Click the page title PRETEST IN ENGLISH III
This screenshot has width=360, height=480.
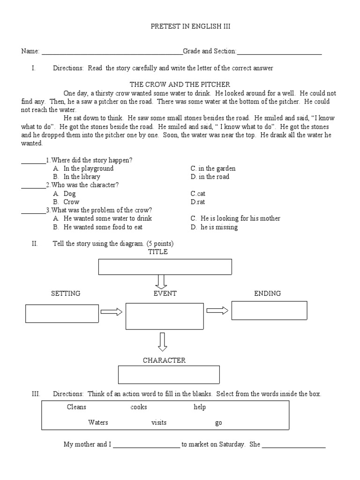tap(183, 27)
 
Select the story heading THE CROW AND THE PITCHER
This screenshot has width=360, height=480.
tap(180, 84)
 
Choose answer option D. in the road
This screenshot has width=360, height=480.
tap(210, 177)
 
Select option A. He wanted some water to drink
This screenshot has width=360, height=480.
tap(103, 218)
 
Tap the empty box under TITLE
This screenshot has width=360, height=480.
tap(165, 267)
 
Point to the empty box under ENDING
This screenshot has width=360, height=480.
tap(269, 310)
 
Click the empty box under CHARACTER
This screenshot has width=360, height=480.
tap(169, 375)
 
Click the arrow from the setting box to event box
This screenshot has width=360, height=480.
tap(112, 312)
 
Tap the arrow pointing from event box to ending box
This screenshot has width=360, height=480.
tap(217, 310)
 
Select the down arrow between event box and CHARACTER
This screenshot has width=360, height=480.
tap(162, 342)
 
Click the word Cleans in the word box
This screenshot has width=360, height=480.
tap(76, 407)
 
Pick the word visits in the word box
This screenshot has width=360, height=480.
tap(159, 422)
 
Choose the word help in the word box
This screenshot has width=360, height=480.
tap(200, 407)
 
